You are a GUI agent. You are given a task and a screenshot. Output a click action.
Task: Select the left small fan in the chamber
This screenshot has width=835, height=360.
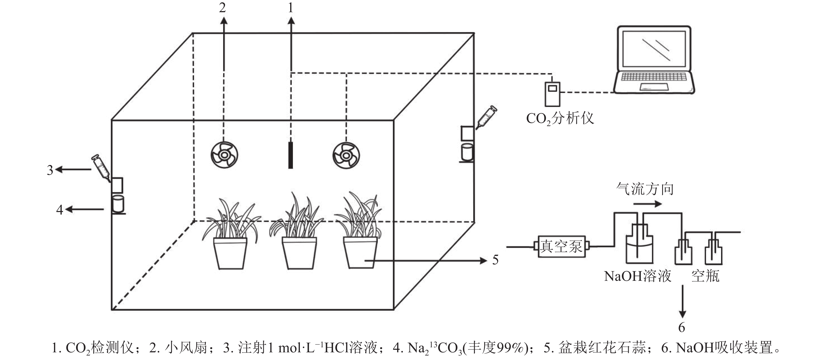224,155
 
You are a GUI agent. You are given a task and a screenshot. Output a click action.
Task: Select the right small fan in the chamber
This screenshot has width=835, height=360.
346,155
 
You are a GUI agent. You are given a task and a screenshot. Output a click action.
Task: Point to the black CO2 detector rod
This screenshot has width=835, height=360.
291,155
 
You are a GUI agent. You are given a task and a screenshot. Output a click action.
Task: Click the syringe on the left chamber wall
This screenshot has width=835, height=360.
101,167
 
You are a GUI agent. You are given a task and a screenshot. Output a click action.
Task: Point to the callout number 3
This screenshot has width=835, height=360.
50,170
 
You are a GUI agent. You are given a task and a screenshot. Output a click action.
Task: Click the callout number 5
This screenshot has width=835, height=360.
495,260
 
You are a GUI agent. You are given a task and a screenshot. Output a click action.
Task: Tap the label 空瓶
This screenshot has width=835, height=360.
705,276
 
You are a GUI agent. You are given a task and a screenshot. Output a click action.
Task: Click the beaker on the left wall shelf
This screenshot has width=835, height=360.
118,204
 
